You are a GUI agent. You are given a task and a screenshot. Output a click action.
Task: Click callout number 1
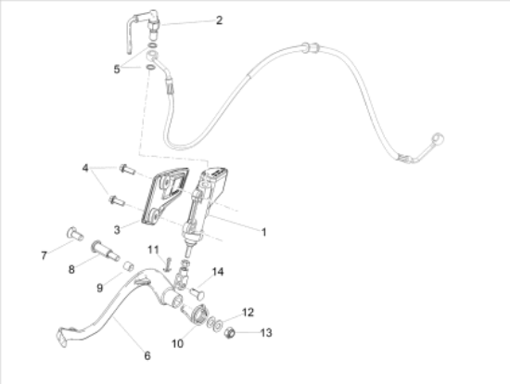[x=263, y=232]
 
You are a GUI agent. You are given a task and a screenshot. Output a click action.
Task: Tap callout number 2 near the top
[x=219, y=20]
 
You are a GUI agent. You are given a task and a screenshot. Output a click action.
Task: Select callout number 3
[x=117, y=230]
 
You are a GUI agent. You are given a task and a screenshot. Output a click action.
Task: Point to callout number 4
[x=85, y=168]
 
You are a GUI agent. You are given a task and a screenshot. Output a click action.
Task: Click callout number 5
[x=117, y=69]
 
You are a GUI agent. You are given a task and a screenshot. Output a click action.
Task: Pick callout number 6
[x=147, y=355]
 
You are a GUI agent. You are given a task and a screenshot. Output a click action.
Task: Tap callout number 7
[x=44, y=256]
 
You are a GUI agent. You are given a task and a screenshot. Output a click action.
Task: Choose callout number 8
[x=71, y=270]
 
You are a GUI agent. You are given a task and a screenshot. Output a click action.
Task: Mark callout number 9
[x=100, y=288]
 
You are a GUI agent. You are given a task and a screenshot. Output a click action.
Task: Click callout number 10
[x=178, y=343]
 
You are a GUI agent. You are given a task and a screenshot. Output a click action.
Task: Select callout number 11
[x=153, y=250]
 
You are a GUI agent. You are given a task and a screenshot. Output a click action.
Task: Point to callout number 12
[x=248, y=313]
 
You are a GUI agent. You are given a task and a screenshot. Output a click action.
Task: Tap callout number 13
[x=266, y=333]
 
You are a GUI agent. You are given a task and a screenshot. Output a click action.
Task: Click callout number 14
[x=218, y=272]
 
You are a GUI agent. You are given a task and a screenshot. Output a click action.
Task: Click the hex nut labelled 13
[x=230, y=333]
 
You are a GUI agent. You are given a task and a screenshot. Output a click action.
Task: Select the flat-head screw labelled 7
[x=75, y=234]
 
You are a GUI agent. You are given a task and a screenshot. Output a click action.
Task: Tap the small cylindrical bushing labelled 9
[x=129, y=266]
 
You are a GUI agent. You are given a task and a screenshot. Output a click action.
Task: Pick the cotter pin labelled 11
[x=168, y=264]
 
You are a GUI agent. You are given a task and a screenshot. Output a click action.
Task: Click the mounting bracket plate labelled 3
[x=165, y=196]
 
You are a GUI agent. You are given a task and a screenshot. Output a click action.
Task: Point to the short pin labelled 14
[x=198, y=293]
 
